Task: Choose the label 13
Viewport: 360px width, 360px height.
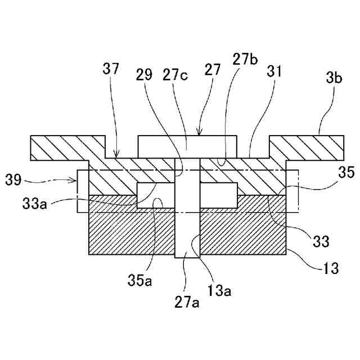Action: [x=331, y=268]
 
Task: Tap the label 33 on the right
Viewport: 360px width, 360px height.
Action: [x=321, y=242]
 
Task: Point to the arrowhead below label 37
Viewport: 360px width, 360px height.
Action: [x=116, y=157]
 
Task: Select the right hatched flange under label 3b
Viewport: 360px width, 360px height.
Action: [x=306, y=147]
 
